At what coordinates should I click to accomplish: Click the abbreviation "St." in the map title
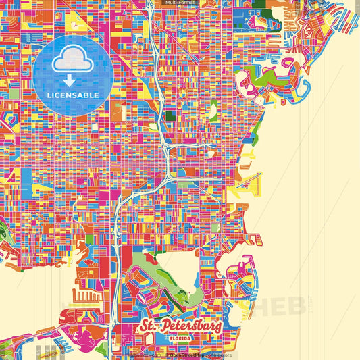149,327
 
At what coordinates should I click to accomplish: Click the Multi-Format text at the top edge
180,3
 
